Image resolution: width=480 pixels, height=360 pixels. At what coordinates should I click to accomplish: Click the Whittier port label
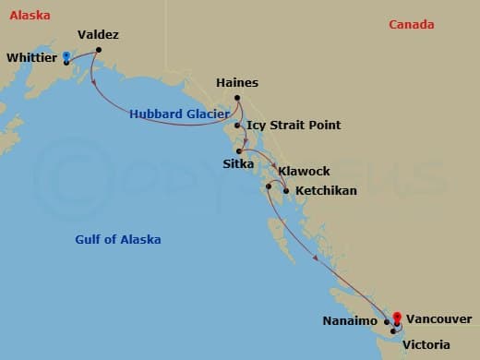coord(32,57)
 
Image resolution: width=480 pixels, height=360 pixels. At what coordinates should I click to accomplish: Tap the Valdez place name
coord(99,35)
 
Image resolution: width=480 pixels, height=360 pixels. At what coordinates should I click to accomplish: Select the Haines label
coord(236,82)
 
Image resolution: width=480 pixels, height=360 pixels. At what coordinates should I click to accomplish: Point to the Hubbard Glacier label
coord(179,114)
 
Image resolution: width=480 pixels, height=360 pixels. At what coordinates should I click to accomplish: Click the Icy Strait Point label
coord(294,125)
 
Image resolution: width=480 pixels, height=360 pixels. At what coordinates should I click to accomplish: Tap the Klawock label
coord(304,171)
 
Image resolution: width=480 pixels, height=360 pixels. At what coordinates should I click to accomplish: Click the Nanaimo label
coord(350,320)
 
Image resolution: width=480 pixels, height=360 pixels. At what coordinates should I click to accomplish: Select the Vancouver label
coord(439,316)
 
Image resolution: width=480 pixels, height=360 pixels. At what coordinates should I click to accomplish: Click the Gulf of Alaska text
coord(118,240)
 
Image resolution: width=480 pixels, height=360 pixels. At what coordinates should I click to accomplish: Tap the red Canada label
coord(411,25)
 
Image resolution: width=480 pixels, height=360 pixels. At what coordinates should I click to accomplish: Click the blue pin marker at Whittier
coord(66,56)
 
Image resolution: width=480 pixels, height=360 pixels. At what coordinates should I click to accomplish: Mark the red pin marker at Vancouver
coord(397,316)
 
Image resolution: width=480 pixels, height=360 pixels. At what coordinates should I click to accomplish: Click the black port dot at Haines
coord(237,98)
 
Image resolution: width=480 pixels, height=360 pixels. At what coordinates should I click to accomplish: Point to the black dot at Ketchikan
coord(286,191)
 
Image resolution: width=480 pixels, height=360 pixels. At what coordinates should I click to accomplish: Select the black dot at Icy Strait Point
coord(238,126)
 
